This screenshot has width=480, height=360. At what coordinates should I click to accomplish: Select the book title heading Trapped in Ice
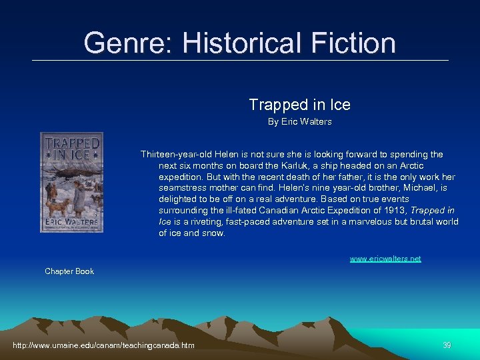click(299, 105)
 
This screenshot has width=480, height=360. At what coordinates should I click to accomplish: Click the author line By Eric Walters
click(299, 122)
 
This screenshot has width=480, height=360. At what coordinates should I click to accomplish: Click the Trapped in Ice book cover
click(71, 182)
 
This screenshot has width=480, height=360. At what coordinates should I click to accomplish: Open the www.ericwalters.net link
click(385, 259)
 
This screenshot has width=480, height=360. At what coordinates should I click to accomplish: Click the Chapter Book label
click(69, 271)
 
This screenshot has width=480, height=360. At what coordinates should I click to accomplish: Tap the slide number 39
click(447, 345)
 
